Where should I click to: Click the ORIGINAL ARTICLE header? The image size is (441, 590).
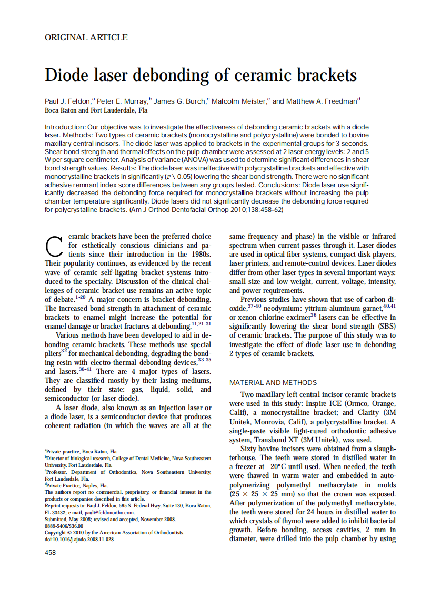coord(86,37)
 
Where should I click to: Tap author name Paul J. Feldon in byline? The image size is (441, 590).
coord(68,101)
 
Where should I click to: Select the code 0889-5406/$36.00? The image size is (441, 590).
coord(64,526)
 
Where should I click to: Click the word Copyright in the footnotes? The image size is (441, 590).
coord(57,533)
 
